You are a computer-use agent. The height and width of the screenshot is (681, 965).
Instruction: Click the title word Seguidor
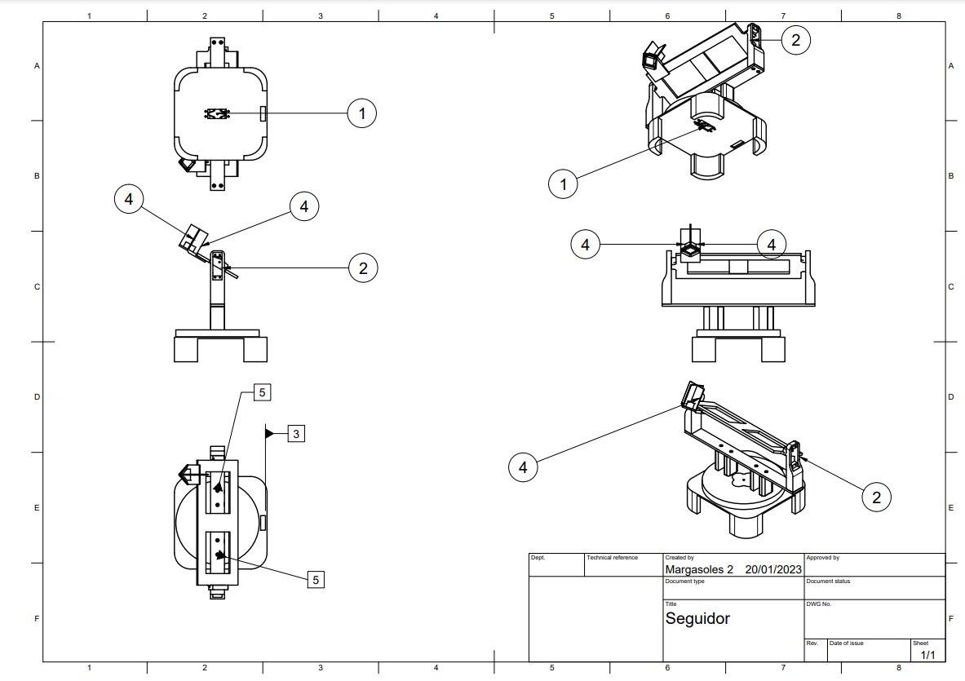(697, 618)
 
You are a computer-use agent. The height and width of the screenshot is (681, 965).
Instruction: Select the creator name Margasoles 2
(699, 569)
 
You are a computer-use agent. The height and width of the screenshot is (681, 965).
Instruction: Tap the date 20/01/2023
(773, 569)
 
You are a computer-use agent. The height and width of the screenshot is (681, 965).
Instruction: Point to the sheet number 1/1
(927, 655)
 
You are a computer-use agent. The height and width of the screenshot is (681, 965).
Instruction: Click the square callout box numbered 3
(296, 434)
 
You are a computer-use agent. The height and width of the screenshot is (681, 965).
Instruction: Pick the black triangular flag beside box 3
(270, 434)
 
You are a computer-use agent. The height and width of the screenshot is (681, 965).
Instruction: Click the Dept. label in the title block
(538, 558)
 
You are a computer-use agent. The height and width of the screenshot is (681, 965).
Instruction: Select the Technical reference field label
(612, 558)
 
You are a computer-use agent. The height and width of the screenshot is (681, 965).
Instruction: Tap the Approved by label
(822, 558)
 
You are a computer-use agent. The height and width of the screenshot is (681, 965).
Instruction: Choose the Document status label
(828, 582)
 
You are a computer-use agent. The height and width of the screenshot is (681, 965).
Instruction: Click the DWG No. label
(818, 604)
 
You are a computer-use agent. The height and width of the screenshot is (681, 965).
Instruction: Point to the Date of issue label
(846, 643)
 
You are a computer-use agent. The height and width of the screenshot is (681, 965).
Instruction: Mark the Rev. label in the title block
(812, 643)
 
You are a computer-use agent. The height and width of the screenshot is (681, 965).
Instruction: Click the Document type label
(684, 582)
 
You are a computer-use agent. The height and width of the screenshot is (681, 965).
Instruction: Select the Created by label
(679, 558)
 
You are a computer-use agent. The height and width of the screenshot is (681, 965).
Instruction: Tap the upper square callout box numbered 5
(262, 392)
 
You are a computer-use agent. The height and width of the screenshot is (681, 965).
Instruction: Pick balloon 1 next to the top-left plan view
(362, 113)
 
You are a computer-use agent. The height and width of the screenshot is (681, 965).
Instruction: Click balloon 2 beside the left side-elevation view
(363, 268)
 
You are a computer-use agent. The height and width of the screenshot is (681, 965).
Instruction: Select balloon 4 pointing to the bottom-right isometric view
(523, 467)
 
